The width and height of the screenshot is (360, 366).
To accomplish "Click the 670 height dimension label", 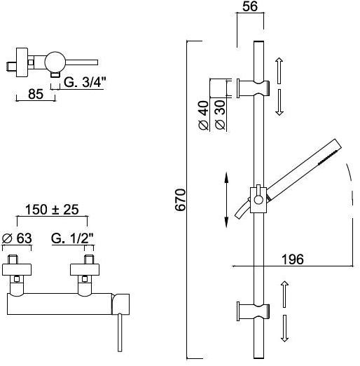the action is point(181,200).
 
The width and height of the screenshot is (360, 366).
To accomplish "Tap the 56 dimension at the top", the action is point(250,6).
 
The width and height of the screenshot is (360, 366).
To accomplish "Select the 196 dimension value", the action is point(293,259).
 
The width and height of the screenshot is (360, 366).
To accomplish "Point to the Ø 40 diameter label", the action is point(204,115).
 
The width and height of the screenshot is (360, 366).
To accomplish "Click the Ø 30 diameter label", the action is point(220,115).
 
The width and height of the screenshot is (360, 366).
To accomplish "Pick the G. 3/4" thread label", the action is point(85,82).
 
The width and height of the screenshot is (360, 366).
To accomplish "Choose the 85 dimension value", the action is point(36,94).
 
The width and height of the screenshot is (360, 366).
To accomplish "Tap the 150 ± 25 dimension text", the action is point(52,210).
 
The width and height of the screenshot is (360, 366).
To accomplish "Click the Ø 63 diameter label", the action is point(17,238).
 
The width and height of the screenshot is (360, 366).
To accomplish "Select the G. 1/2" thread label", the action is point(72,238).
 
